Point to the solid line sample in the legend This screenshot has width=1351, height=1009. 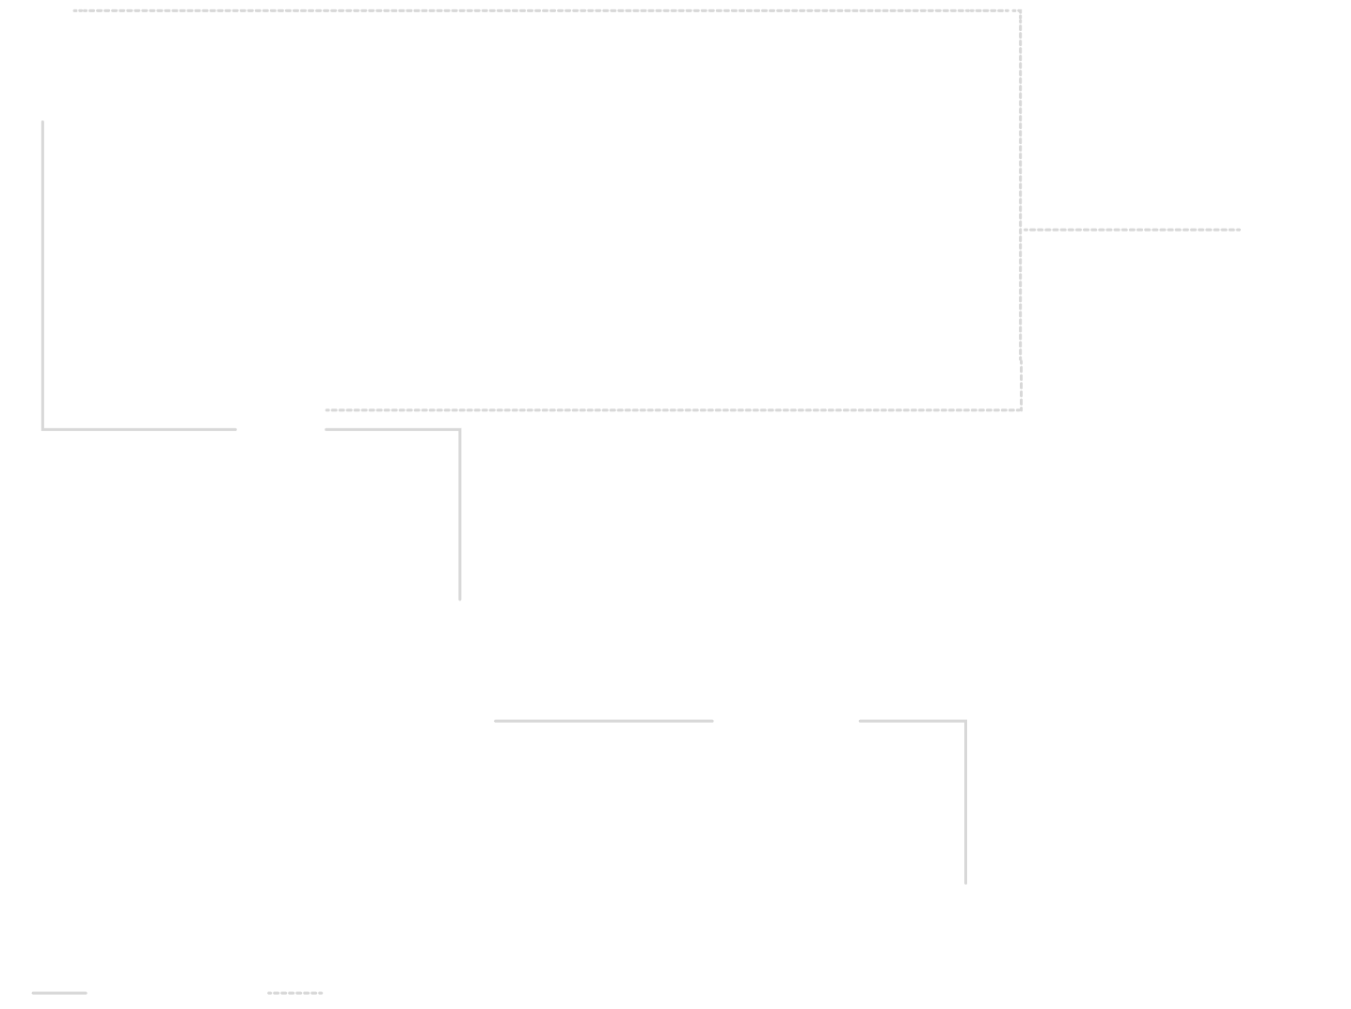pos(59,992)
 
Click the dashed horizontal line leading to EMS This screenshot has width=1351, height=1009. pos(1129,229)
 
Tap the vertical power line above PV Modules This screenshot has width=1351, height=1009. pos(965,800)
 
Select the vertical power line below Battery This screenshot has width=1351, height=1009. pos(42,273)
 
